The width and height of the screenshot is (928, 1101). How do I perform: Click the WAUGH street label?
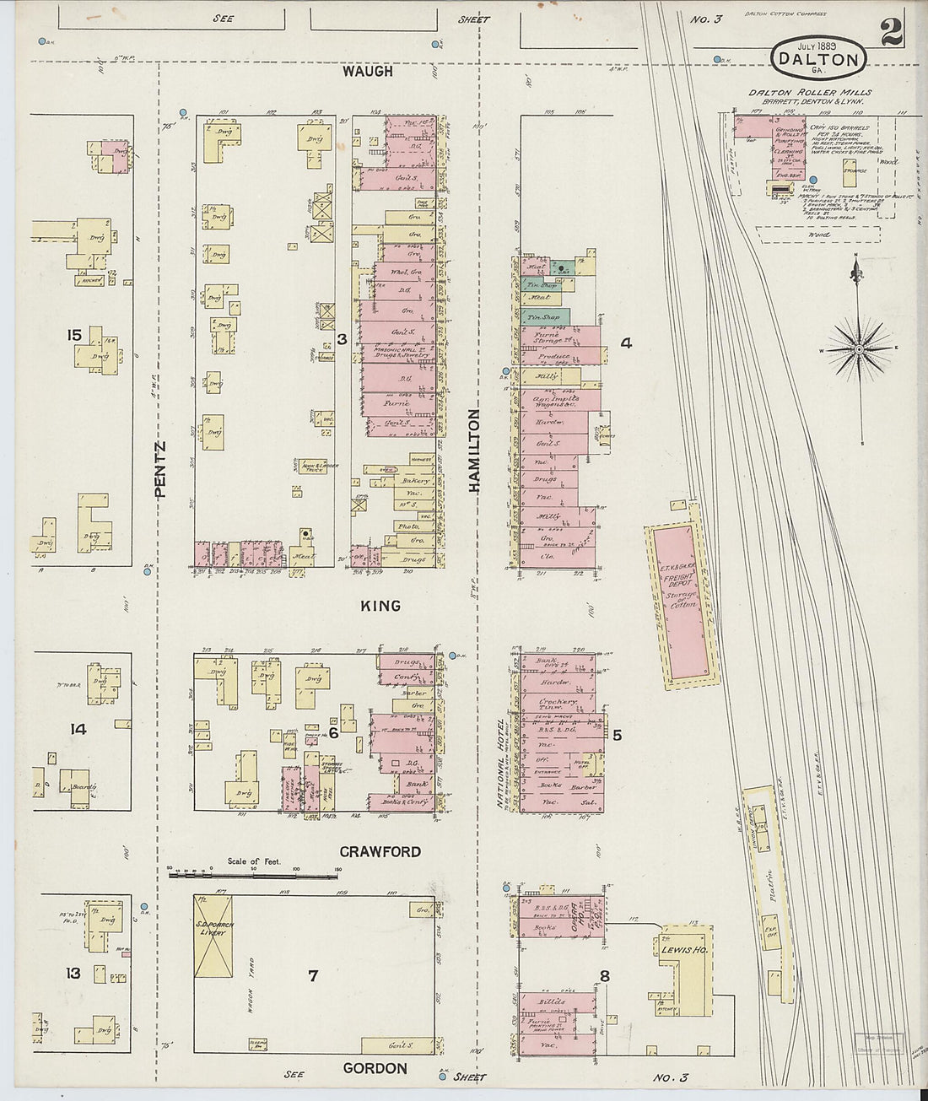(x=367, y=72)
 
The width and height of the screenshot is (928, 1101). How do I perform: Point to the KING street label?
(x=380, y=606)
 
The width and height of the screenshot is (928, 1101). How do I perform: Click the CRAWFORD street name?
(x=380, y=851)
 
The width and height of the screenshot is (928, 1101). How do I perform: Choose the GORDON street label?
(x=375, y=1068)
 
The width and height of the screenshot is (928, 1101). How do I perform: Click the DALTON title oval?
(x=818, y=57)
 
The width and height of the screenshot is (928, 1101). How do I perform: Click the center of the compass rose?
(x=860, y=348)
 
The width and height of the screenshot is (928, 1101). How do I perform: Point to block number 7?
(x=313, y=975)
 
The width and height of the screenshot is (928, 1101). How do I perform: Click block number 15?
(x=74, y=336)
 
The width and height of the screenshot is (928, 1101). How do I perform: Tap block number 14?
(x=78, y=729)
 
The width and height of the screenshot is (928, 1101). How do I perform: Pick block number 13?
(x=73, y=974)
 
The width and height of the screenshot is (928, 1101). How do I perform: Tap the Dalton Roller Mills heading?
(x=809, y=93)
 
